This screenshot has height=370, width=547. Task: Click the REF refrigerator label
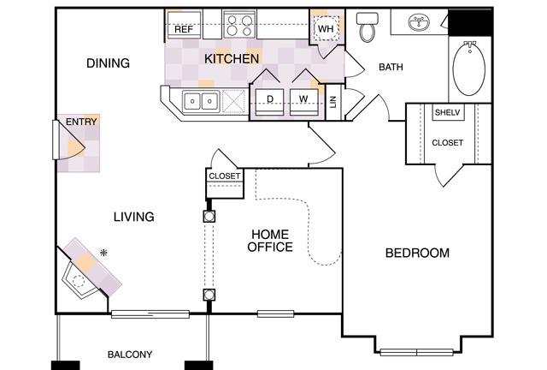coord(184,29)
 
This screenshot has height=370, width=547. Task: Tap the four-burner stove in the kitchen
coord(239,24)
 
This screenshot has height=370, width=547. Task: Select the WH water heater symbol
coord(326,28)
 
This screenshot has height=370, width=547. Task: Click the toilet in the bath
coord(367,27)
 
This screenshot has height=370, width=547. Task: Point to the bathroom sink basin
coord(419,22)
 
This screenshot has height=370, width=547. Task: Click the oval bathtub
coord(469,68)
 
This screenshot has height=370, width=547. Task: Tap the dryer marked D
coord(270,102)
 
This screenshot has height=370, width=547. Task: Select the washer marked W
coord(304,102)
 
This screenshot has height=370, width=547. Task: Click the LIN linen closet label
coord(333,102)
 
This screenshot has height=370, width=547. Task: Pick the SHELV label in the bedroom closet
coord(448,112)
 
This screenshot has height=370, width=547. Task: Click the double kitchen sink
coord(201,102)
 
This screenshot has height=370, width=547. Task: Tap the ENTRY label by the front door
coord(81,122)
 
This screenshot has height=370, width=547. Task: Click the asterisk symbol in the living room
coord(103,253)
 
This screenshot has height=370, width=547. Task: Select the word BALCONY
coord(130,355)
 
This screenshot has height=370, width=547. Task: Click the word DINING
coord(109,63)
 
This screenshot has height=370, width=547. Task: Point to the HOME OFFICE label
coord(270,241)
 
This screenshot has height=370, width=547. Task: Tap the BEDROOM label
coord(417,253)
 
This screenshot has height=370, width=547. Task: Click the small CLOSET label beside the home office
coord(224,176)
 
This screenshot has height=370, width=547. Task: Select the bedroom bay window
coord(417,352)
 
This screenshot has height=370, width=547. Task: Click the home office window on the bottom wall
coord(275,313)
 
